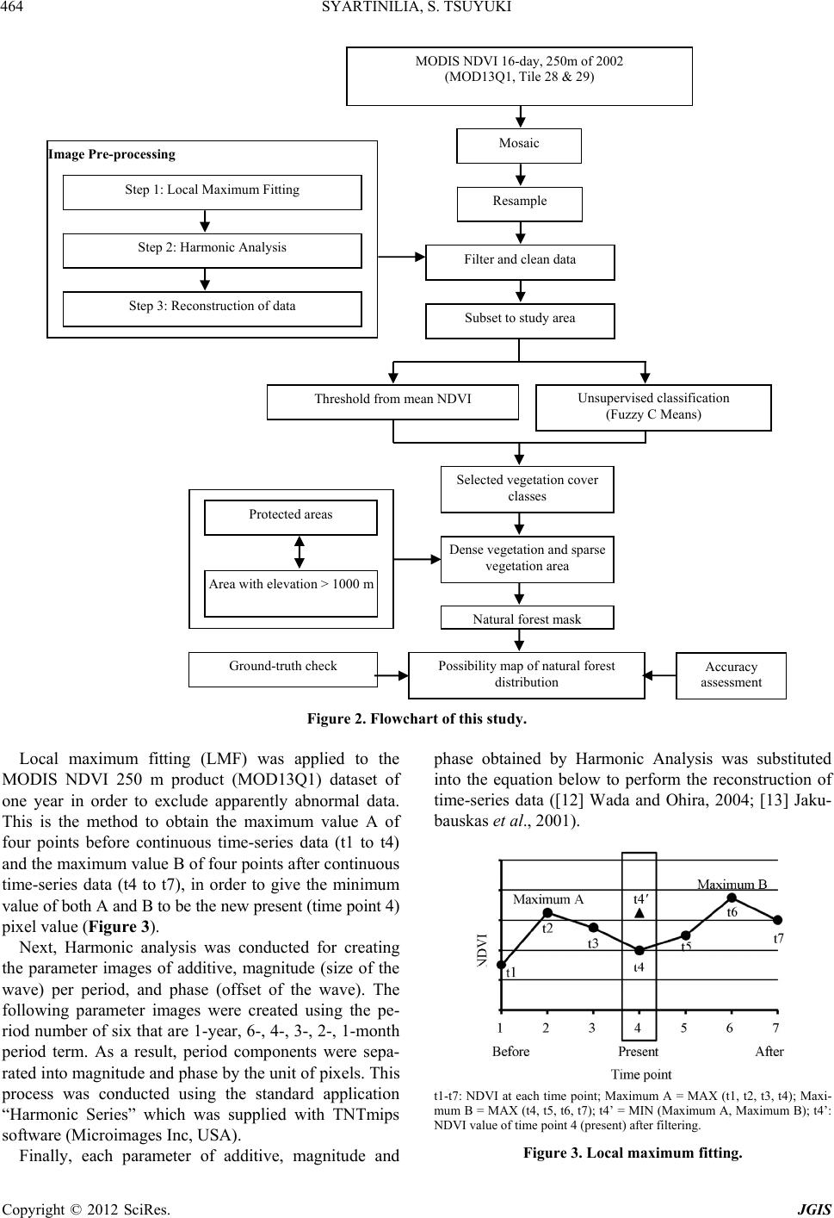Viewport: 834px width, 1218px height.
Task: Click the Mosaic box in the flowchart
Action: pos(519,146)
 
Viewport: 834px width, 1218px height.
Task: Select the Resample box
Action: pos(519,204)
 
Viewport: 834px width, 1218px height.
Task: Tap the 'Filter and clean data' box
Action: pos(520,262)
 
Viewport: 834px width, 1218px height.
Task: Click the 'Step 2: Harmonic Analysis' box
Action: pos(212,251)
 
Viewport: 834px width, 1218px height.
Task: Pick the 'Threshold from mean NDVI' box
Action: pos(392,401)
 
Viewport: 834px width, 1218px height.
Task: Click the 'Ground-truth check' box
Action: pos(283,669)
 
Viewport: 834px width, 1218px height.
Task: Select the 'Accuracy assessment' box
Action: pos(731,675)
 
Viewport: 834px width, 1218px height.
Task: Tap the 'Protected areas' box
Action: pos(291,518)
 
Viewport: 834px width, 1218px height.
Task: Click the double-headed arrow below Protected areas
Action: pos(299,552)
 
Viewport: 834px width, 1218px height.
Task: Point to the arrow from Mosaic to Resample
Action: pos(521,175)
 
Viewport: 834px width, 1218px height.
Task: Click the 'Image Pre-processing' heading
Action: pos(112,154)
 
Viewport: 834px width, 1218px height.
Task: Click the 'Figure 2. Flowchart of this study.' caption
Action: pos(417,719)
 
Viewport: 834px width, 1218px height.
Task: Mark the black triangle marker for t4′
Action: pos(639,913)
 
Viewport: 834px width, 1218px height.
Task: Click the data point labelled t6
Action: pos(732,898)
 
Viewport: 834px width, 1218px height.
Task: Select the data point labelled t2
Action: pos(547,912)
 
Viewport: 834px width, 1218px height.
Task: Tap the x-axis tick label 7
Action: pos(776,1027)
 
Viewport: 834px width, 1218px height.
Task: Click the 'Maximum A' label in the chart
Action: pos(548,899)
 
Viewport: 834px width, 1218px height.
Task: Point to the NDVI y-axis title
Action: pos(483,950)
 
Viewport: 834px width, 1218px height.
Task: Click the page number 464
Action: pos(12,7)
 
